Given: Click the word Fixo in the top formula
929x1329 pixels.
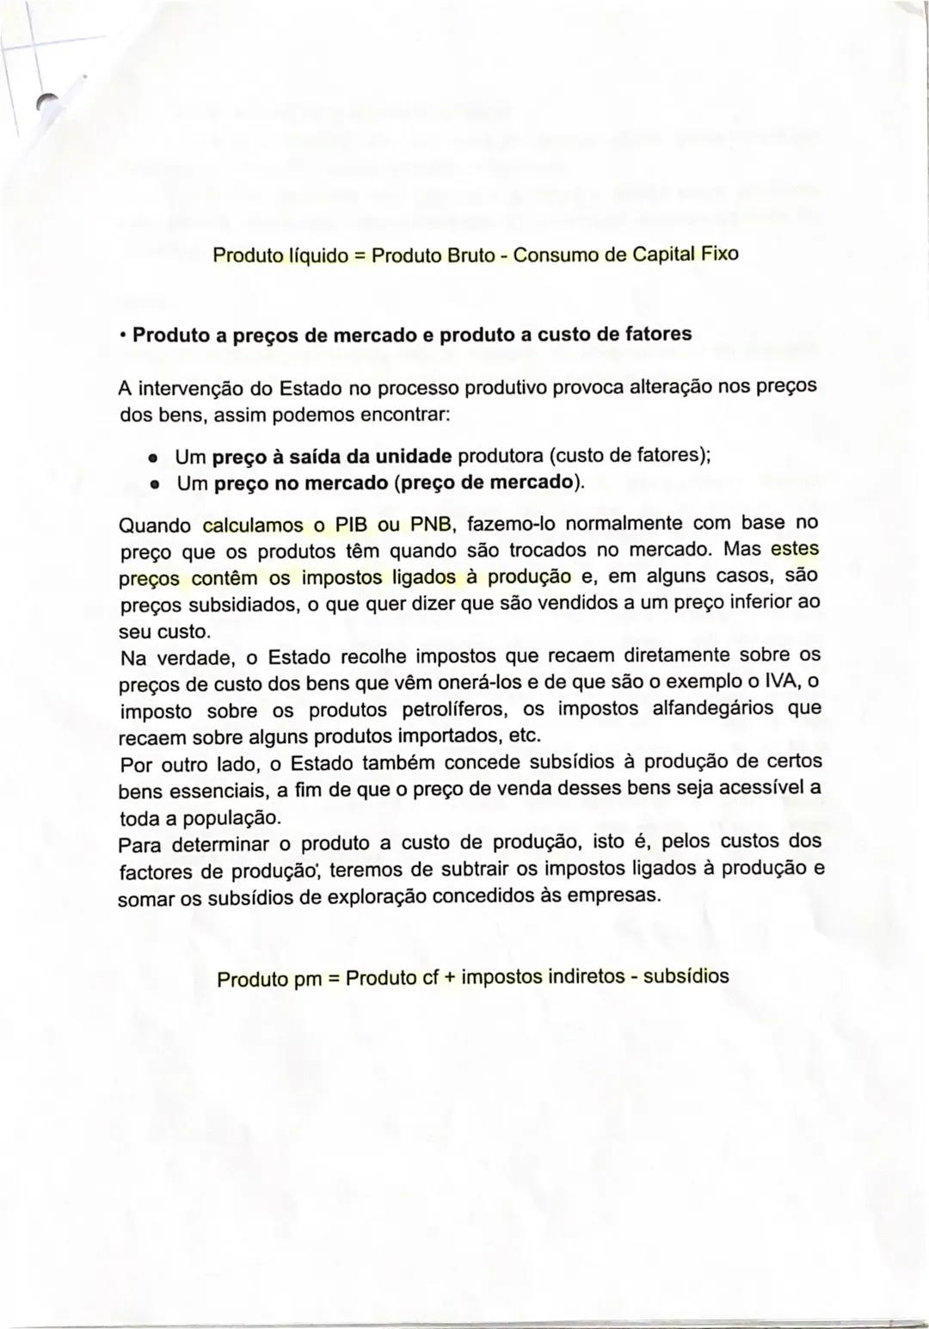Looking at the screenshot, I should coord(720,255).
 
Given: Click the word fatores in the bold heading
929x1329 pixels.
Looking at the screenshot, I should coord(659,334).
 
